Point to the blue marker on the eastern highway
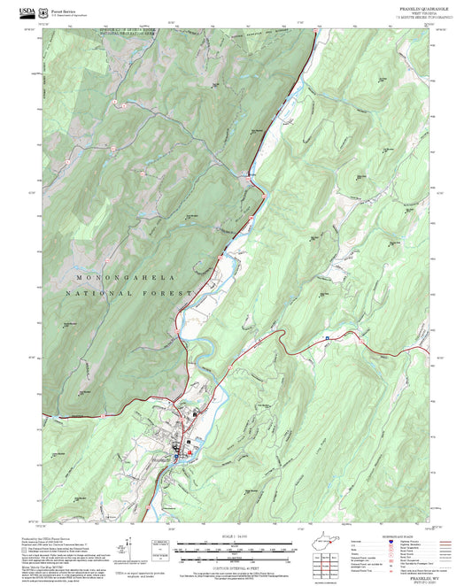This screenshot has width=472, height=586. [327, 337]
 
